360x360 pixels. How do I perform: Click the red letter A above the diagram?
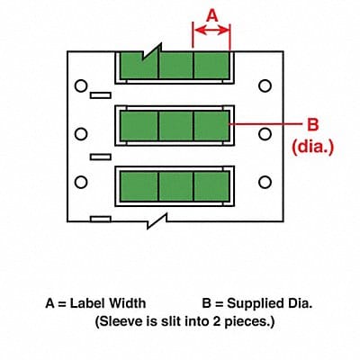[x=211, y=14]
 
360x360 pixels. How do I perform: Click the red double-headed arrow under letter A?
[x=211, y=30]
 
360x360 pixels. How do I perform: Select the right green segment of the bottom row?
[x=211, y=186]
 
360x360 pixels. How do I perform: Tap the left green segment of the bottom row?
[x=139, y=186]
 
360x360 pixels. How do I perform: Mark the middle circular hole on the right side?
[x=265, y=135]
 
